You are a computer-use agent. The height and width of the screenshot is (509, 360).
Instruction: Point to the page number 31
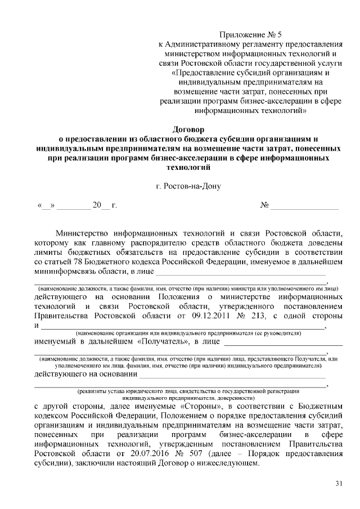(x=338, y=483)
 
